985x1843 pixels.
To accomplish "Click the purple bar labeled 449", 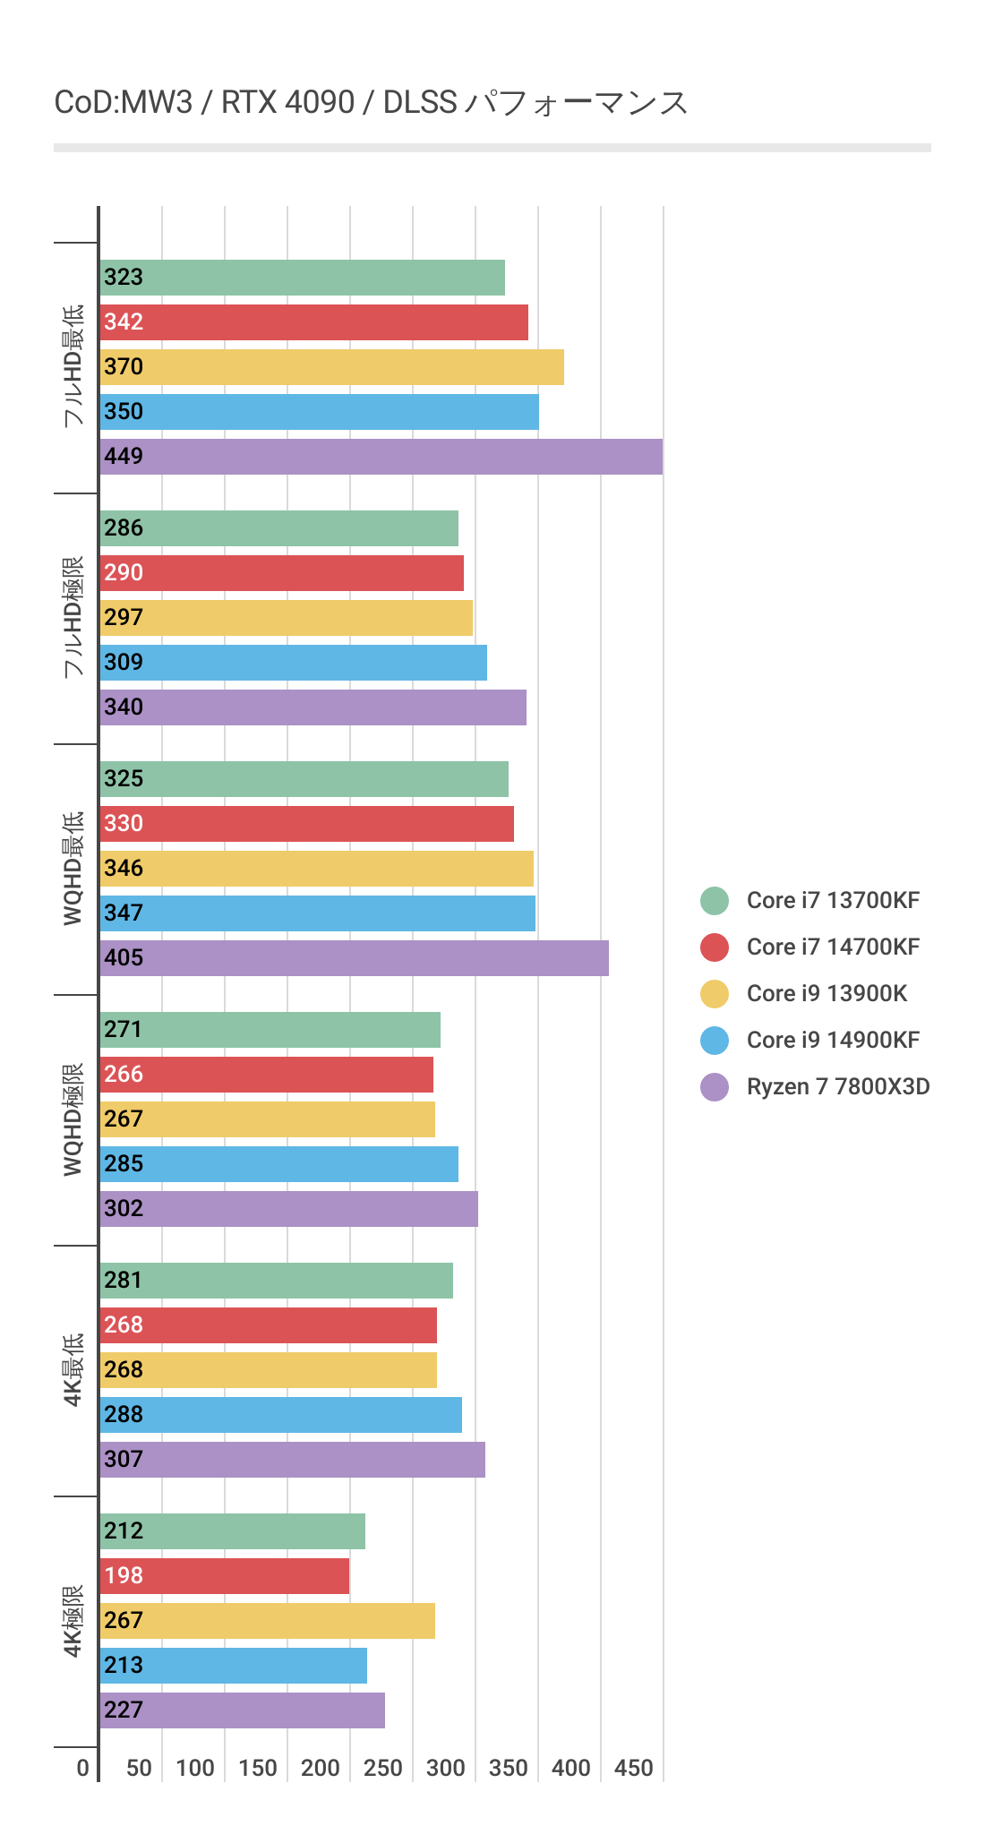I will (x=381, y=457).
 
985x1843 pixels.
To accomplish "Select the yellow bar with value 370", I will (x=331, y=367).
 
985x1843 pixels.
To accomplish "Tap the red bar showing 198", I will (x=224, y=1576).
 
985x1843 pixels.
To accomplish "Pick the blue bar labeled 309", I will (x=293, y=663).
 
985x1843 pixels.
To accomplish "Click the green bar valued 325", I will (x=304, y=779).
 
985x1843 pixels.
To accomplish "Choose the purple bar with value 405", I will (x=354, y=958).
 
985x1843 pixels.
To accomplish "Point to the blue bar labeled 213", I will (x=233, y=1666).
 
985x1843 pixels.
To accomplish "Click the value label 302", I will (x=124, y=1209).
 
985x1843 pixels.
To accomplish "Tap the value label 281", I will (x=124, y=1281).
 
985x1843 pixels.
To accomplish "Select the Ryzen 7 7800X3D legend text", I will (x=838, y=1087).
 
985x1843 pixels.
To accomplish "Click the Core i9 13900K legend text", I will (x=827, y=994).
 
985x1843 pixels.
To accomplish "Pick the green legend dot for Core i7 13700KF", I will (x=715, y=901).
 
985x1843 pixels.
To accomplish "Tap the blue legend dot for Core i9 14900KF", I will (x=715, y=1041).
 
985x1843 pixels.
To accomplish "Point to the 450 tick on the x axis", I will (x=634, y=1768).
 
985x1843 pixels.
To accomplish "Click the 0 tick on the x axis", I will (x=83, y=1768).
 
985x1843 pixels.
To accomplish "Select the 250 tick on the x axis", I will (x=383, y=1768).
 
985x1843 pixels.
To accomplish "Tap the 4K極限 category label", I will (x=73, y=1621).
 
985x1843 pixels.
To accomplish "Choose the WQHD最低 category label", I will (x=73, y=868).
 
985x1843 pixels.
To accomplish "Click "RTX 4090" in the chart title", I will (x=287, y=103).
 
